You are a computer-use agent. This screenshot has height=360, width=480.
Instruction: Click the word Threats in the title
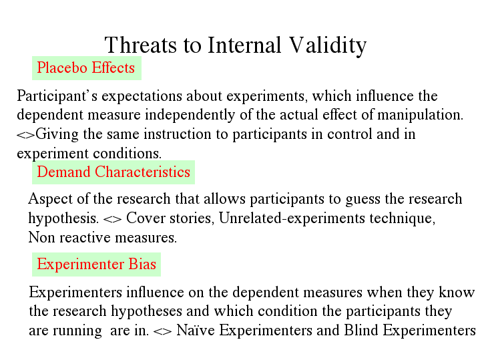pyautogui.click(x=140, y=45)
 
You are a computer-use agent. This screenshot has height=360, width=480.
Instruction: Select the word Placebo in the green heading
pyautogui.click(x=62, y=67)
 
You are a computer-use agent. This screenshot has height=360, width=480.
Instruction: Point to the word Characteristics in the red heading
pyautogui.click(x=142, y=172)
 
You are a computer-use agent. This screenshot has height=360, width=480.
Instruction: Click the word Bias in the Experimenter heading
pyautogui.click(x=142, y=264)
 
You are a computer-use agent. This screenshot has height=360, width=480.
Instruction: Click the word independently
pyautogui.click(x=190, y=115)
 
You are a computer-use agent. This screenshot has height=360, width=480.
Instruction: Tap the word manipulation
pyautogui.click(x=420, y=115)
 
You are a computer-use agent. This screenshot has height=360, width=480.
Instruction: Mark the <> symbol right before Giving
pyautogui.click(x=26, y=135)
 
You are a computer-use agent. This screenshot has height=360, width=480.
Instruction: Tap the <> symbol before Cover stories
pyautogui.click(x=112, y=219)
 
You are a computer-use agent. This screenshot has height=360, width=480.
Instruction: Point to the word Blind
pyautogui.click(x=361, y=331)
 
